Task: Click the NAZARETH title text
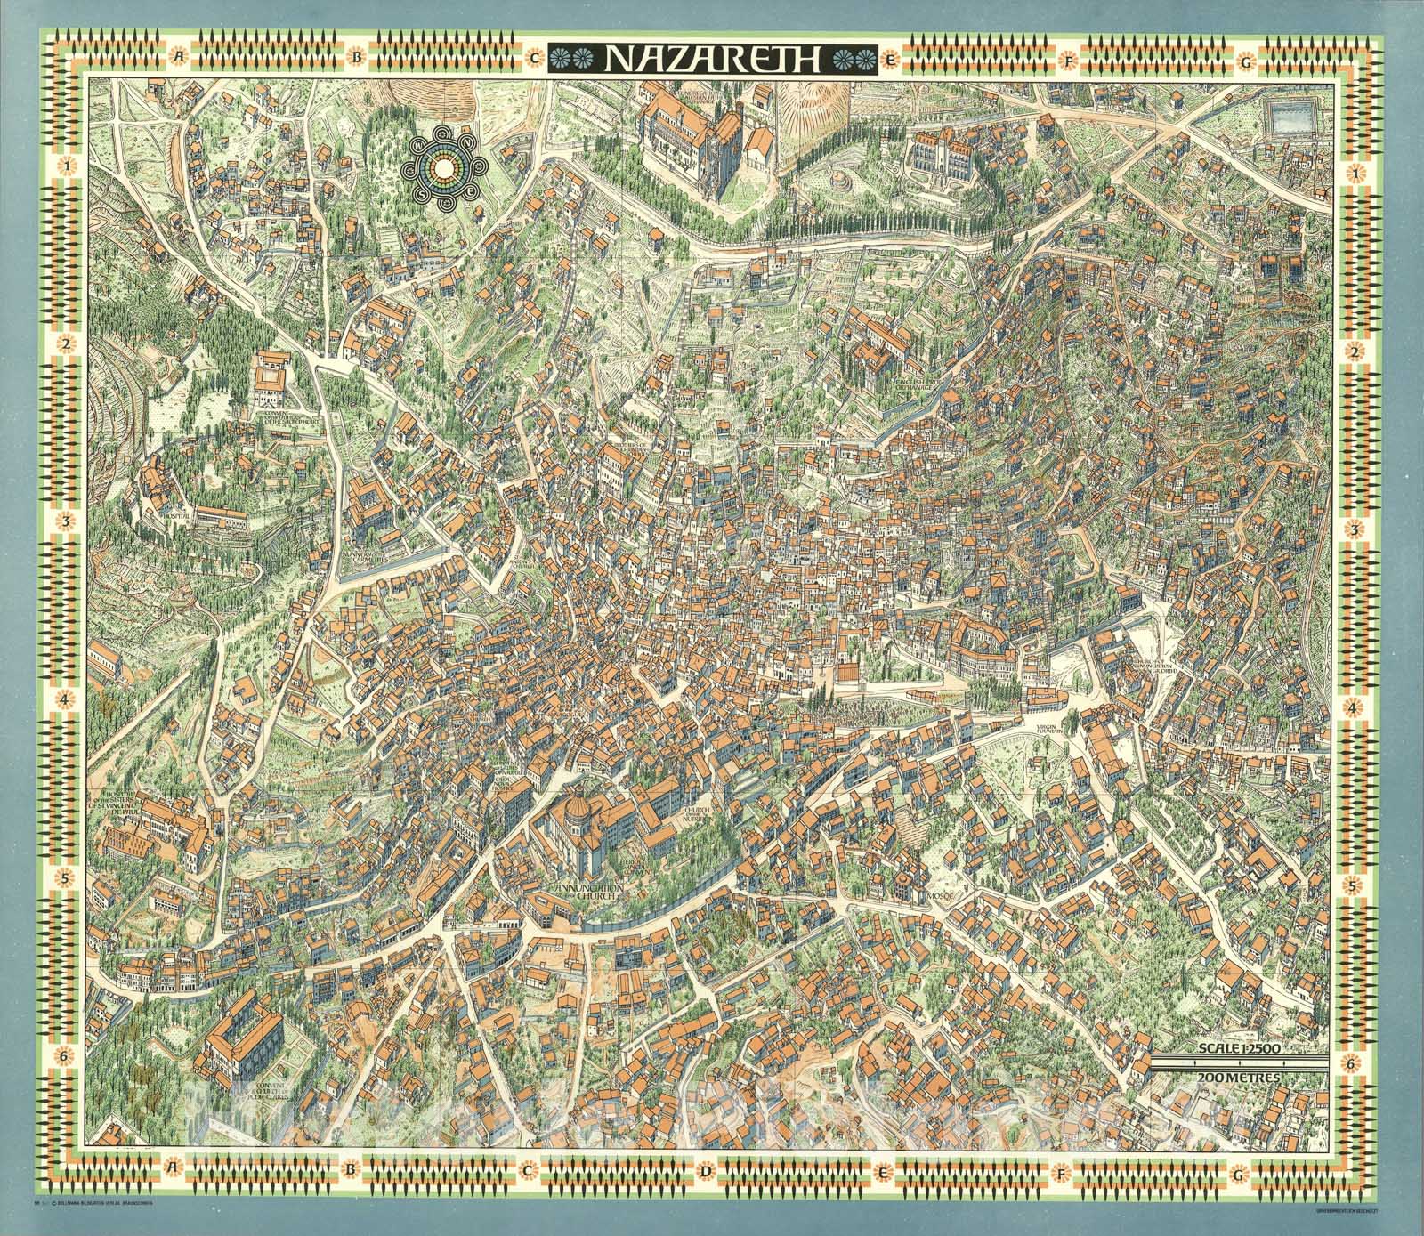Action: tap(713, 58)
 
